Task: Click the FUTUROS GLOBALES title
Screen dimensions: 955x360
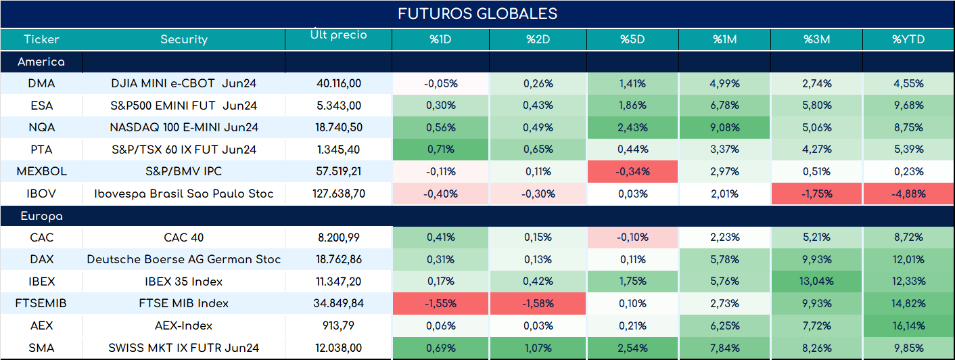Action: (x=477, y=14)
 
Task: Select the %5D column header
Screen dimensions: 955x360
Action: (x=632, y=39)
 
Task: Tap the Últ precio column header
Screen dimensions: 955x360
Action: (x=339, y=34)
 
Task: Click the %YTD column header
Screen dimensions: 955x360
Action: (x=908, y=39)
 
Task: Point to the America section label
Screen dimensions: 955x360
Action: (x=41, y=62)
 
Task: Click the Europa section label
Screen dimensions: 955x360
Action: (x=42, y=217)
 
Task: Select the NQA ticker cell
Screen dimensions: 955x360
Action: (x=42, y=127)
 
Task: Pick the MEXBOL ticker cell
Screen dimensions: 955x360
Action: (x=42, y=171)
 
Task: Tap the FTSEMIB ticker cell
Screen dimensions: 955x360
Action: (x=41, y=303)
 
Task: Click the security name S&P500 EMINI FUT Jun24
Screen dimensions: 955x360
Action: (x=184, y=106)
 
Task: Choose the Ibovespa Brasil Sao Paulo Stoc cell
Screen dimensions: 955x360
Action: (x=184, y=194)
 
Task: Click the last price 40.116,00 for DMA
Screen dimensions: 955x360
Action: (x=339, y=83)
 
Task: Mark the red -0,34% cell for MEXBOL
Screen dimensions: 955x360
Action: (x=632, y=171)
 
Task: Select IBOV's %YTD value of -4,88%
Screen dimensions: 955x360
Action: (x=908, y=194)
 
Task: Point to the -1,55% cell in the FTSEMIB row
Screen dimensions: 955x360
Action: (x=440, y=303)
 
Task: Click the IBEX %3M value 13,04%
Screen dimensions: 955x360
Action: (x=817, y=281)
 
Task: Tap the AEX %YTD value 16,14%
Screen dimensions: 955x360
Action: (x=908, y=325)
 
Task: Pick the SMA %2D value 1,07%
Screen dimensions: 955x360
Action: (x=538, y=348)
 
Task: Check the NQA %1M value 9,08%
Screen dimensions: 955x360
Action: (x=725, y=127)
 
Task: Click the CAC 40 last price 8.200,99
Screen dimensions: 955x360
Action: (x=339, y=237)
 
